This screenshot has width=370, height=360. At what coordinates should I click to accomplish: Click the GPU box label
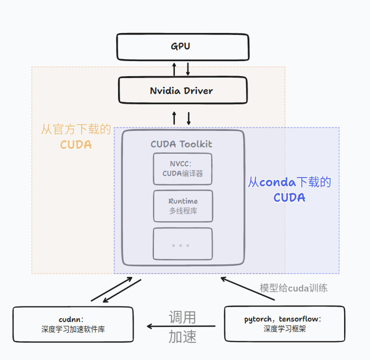180,46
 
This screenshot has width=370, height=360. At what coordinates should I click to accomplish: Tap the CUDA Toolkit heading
181,144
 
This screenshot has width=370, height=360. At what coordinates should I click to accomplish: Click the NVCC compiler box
182,169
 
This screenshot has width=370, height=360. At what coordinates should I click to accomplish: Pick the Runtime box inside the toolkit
183,206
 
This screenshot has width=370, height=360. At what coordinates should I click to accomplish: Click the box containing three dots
182,244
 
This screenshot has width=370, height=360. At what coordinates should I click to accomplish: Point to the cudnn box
73,324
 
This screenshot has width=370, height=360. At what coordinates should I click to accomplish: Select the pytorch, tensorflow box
284,324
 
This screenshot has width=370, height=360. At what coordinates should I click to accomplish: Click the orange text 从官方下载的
76,129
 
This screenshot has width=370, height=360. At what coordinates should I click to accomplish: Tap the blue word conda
277,182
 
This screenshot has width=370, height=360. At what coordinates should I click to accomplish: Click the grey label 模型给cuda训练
293,288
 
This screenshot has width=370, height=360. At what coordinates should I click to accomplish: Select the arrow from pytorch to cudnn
181,326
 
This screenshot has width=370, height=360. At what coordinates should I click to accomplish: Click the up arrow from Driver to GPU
174,69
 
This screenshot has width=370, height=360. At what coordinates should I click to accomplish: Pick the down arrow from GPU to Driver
188,69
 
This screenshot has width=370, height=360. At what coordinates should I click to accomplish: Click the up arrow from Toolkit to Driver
174,118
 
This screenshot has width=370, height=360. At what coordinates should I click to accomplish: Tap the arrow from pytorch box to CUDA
248,288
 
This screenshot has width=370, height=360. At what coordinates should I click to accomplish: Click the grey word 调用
182,317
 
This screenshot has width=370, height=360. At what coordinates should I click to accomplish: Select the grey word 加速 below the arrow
182,337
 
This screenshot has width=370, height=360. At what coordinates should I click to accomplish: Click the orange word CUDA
76,145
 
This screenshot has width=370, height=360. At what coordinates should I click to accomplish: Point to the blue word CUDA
289,198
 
